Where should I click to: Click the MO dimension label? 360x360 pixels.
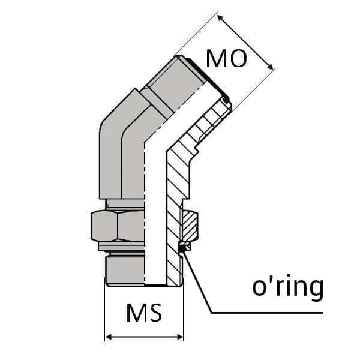coord(226,59)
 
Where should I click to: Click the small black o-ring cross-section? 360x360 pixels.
coord(184,245)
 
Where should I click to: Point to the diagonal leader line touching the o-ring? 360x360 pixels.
coord(198,279)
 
